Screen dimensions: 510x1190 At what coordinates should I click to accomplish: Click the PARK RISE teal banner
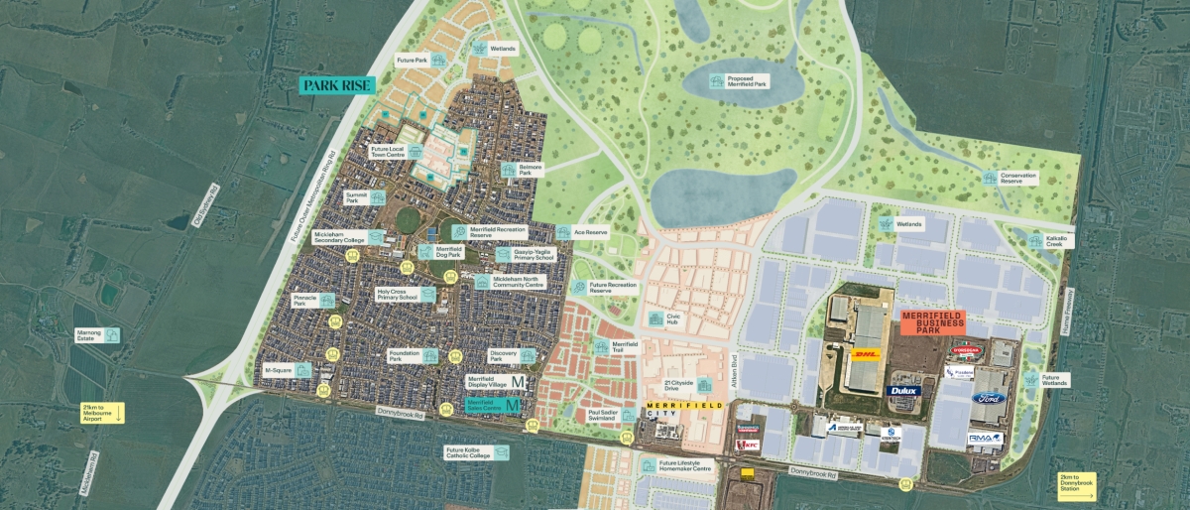338,85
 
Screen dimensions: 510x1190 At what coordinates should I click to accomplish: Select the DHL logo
866,354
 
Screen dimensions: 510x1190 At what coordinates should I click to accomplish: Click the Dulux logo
904,390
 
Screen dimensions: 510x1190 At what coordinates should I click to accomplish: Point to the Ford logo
988,398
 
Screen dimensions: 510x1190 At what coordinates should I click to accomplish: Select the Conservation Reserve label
1017,178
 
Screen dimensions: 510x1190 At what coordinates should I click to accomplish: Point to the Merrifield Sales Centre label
487,405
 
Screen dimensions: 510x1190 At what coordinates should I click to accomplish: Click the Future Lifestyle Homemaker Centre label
686,466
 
